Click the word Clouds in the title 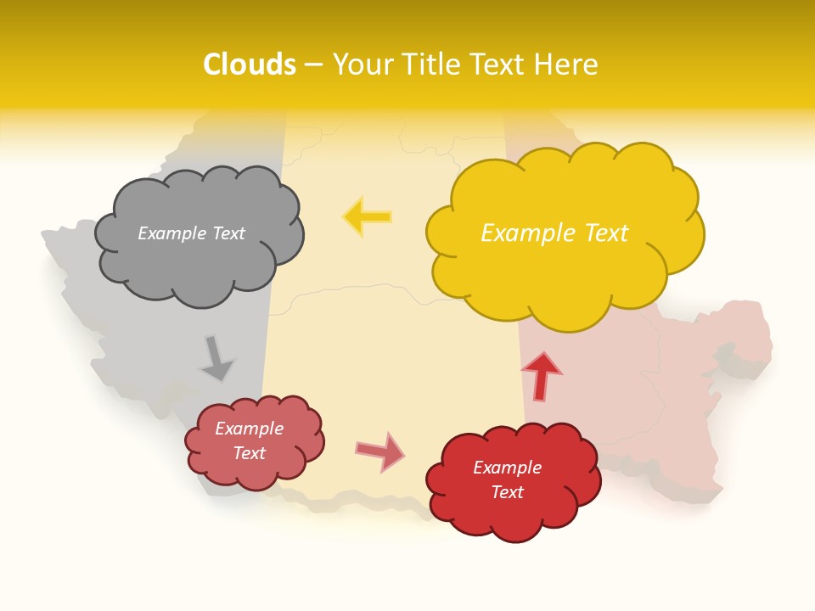coord(250,64)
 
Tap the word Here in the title coord(569,64)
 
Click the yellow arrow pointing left coord(367,217)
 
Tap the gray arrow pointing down coord(216,359)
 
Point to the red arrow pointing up coord(541,374)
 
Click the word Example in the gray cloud coord(171,233)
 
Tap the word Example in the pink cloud coord(250,429)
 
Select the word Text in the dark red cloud coord(508,492)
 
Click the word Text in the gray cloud coord(228,233)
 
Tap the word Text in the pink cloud coord(250,453)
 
